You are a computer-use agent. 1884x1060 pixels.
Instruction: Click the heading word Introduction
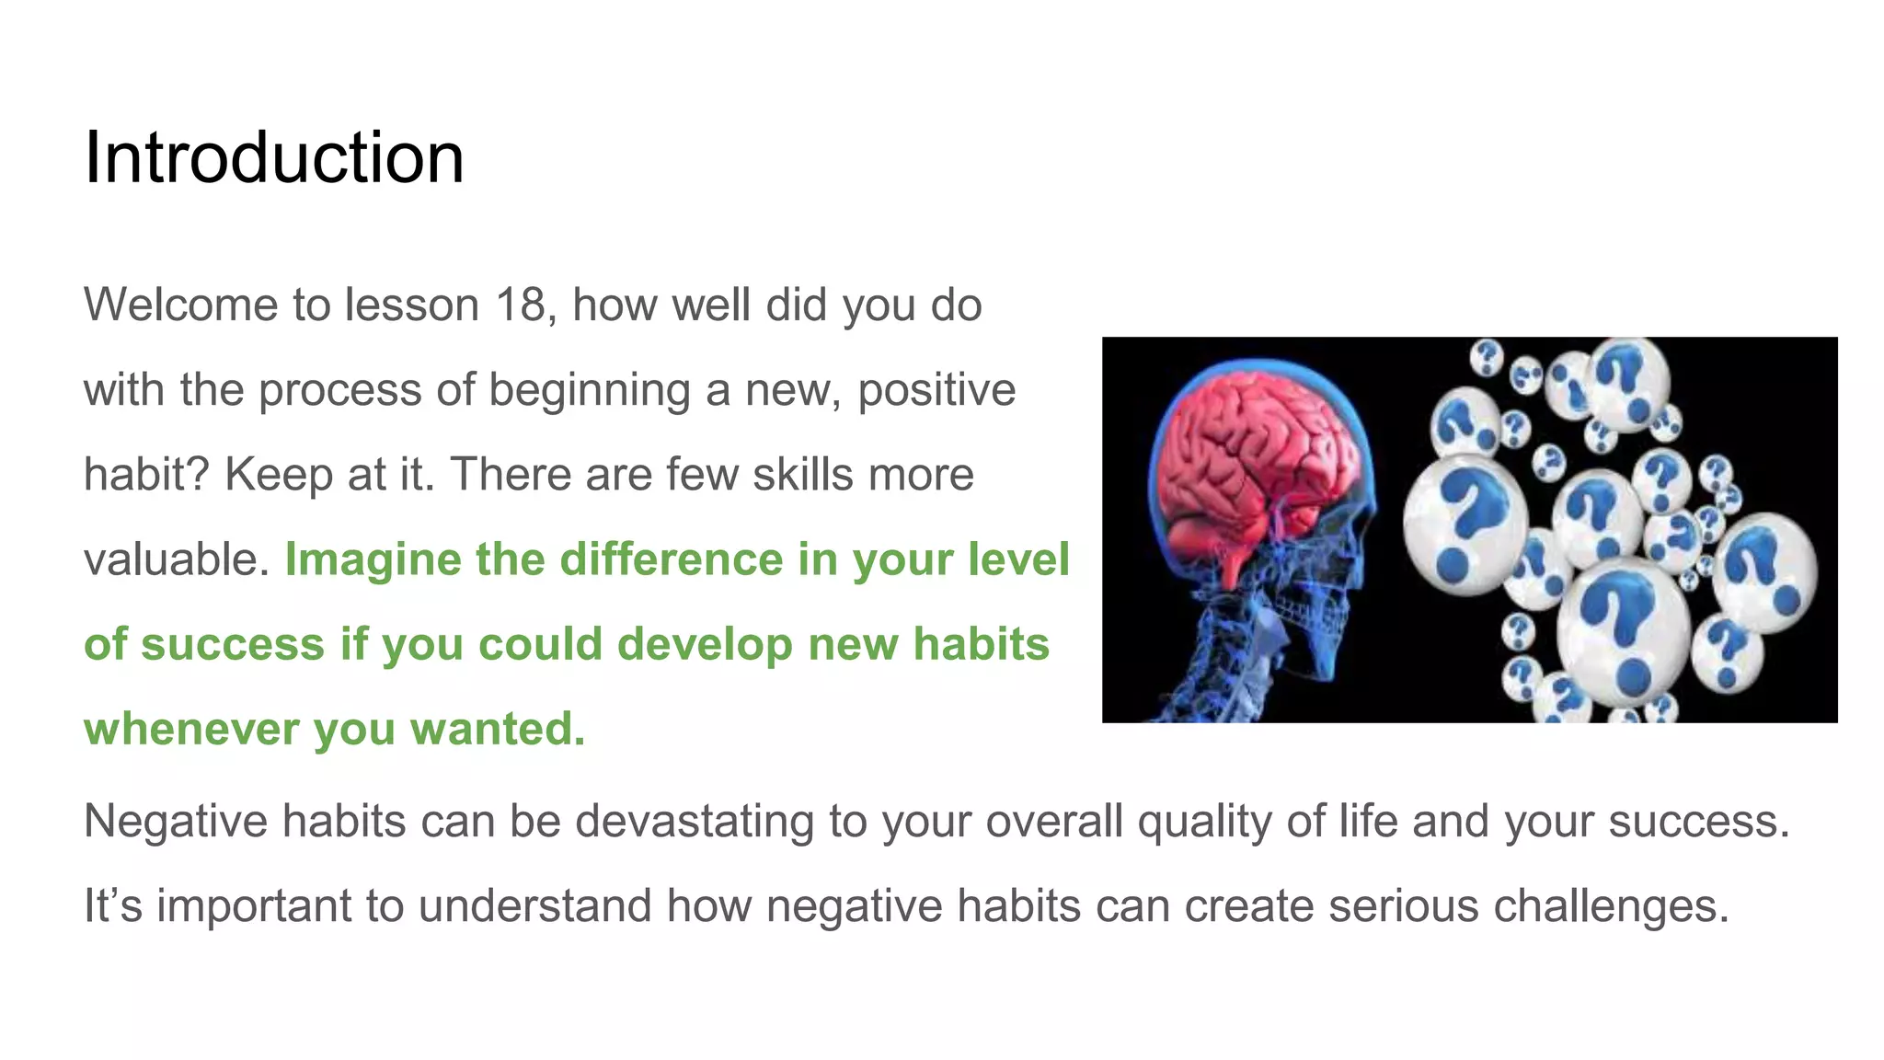point(273,158)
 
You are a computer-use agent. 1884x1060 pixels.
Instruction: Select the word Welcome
point(180,305)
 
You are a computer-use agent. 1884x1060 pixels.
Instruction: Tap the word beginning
point(589,390)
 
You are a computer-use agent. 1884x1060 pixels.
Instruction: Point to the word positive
point(936,390)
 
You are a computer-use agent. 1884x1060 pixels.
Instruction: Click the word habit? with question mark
point(145,475)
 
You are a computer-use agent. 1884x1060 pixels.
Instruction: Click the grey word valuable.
point(176,559)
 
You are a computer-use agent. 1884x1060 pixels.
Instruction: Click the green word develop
point(704,644)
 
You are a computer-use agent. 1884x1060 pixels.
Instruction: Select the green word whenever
point(190,729)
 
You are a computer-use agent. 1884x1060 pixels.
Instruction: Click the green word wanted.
point(497,729)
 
